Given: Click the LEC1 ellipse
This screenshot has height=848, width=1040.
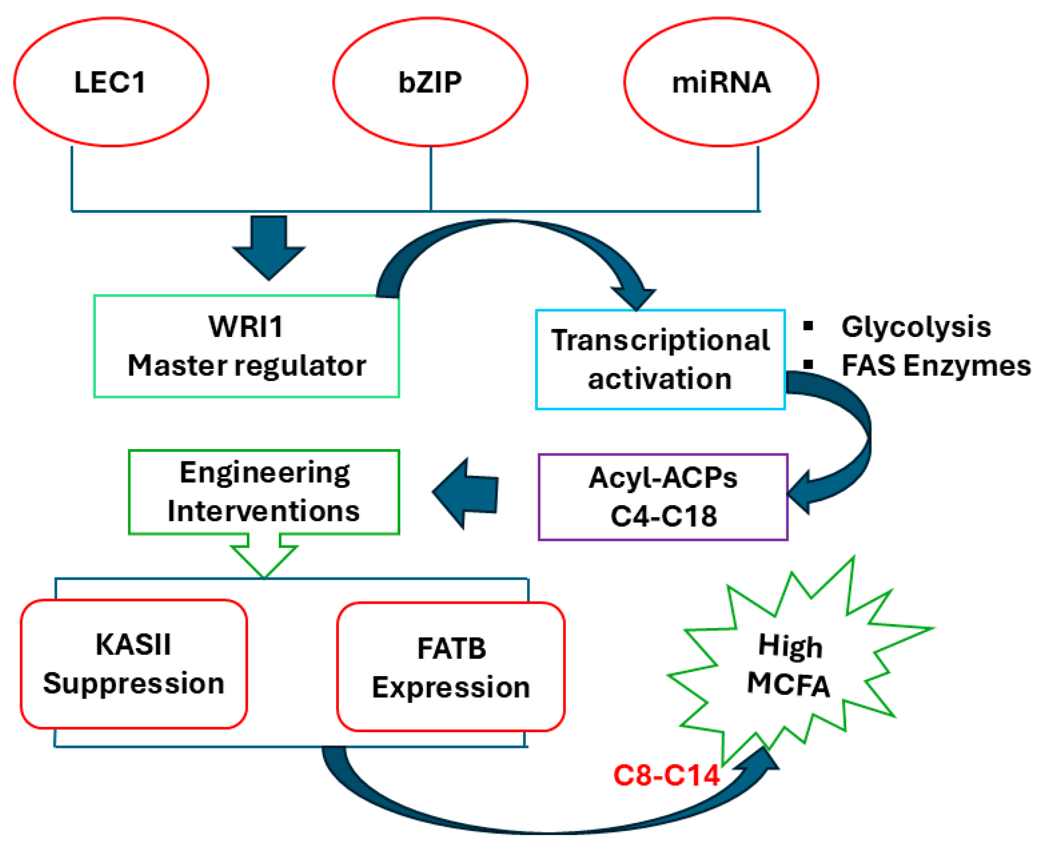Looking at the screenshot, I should (x=111, y=82).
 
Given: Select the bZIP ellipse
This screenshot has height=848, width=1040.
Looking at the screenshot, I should (x=430, y=82).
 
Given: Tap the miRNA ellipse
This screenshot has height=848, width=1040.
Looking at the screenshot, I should (x=721, y=82).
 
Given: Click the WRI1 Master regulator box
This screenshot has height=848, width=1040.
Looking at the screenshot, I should (x=246, y=346).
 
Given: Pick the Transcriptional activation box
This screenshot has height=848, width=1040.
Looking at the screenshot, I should (x=660, y=359).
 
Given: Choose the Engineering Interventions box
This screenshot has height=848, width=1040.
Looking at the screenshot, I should (x=264, y=491).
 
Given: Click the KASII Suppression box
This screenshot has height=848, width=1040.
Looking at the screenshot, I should (x=134, y=664).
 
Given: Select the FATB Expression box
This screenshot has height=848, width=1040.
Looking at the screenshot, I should (x=450, y=667).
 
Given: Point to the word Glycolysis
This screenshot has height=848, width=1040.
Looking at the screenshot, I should (x=916, y=326).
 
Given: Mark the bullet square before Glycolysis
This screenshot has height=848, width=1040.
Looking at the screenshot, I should (x=808, y=326).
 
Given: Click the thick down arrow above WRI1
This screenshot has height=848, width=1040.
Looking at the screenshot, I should (x=269, y=247).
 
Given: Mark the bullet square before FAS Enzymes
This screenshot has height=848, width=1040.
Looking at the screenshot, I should (x=808, y=364).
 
